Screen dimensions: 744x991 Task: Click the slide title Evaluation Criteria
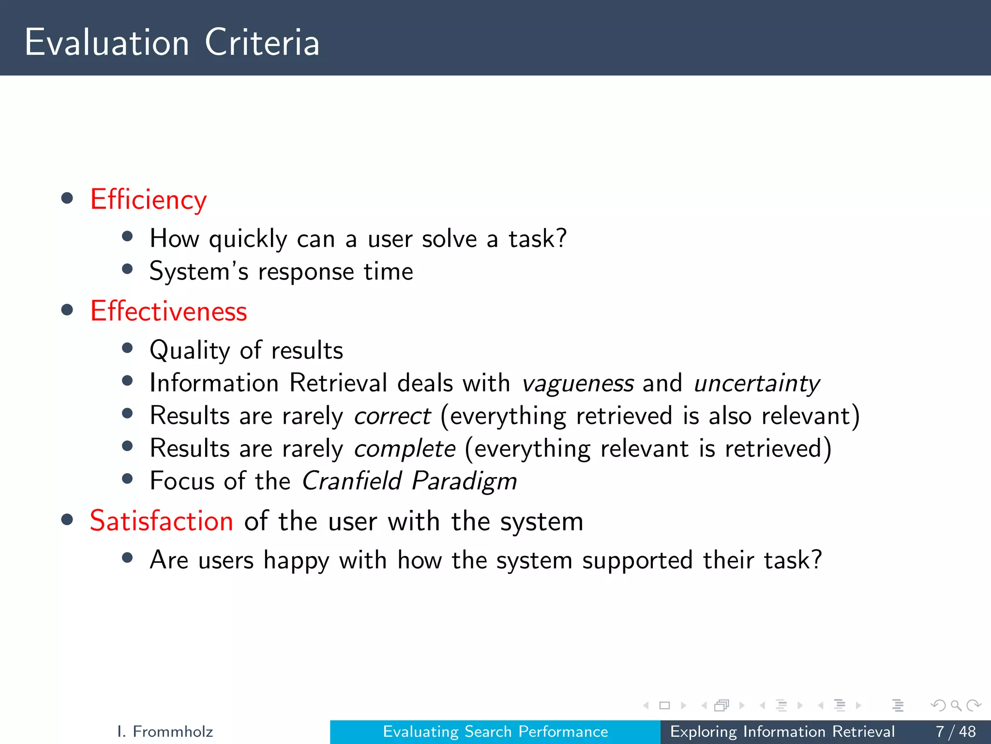(172, 43)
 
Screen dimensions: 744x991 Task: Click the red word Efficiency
(149, 200)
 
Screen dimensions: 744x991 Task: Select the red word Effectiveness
(168, 311)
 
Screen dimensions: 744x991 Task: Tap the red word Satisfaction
(162, 521)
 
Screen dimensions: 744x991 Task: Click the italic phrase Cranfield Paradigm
(409, 481)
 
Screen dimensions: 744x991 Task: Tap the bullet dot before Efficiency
(67, 198)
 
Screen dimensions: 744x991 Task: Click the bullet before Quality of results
(127, 348)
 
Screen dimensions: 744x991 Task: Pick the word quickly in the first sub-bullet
(248, 239)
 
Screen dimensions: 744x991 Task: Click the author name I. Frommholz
(165, 731)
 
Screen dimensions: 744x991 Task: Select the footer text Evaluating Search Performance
(495, 731)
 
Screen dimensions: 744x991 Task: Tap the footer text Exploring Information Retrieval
(782, 731)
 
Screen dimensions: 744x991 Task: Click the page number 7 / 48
(955, 731)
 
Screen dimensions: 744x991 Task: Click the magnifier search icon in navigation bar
(956, 705)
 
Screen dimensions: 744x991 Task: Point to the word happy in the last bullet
(296, 561)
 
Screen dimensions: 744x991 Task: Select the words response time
(335, 272)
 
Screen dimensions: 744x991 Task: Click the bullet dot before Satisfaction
(67, 520)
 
